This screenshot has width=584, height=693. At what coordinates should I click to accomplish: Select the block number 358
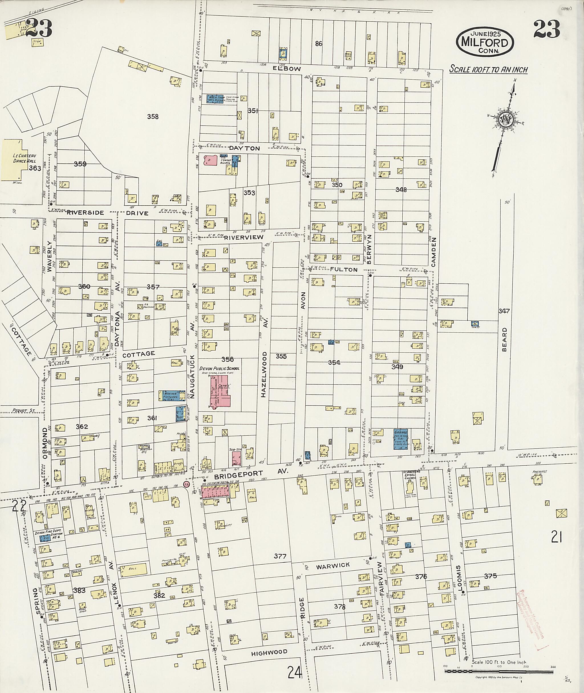click(x=153, y=117)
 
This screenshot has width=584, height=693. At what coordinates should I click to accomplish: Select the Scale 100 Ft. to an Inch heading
click(x=488, y=70)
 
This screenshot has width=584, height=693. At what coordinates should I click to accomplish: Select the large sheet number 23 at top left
click(x=39, y=29)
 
